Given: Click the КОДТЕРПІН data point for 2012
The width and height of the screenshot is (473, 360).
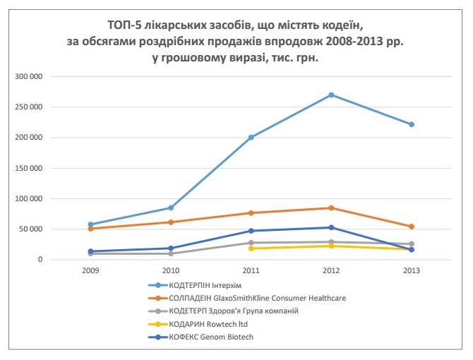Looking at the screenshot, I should (x=331, y=95).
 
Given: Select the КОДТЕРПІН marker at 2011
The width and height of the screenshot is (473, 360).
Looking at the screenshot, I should (x=251, y=137).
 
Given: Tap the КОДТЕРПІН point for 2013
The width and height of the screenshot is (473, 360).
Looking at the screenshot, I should (x=411, y=124).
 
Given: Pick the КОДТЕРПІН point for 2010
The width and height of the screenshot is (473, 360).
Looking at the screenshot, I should (x=171, y=208).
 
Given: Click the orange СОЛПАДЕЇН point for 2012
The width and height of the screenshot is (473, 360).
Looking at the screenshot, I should (x=331, y=208).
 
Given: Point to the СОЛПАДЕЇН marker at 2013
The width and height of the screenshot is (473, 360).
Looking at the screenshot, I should (x=411, y=227).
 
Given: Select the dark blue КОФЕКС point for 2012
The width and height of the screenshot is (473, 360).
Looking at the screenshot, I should (x=331, y=227).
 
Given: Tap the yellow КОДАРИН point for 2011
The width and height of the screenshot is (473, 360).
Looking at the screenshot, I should (x=251, y=248).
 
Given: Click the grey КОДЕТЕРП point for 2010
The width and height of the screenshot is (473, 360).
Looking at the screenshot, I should (x=171, y=253).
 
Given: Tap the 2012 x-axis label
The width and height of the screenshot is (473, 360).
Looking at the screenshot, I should (x=331, y=270).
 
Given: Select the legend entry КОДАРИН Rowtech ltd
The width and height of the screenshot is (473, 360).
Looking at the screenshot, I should (x=208, y=323).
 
